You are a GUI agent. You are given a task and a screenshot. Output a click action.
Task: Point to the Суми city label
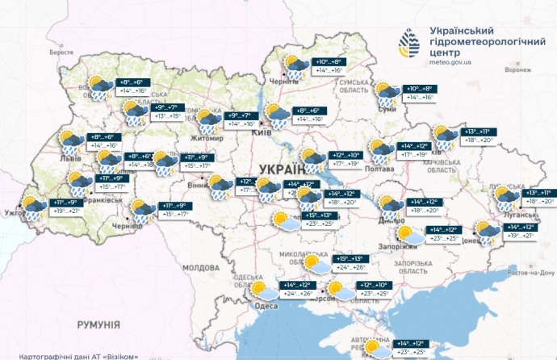(x=386, y=107)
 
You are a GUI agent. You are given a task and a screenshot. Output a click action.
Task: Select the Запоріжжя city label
(x=399, y=247)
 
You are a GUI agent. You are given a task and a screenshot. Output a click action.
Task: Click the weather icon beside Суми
(x=385, y=91)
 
